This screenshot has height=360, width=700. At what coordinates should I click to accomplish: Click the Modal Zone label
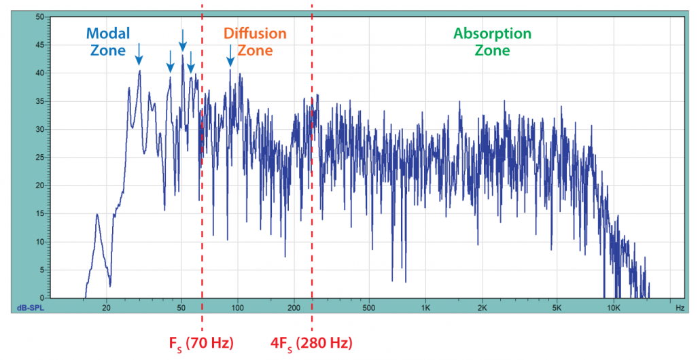pyautogui.click(x=107, y=41)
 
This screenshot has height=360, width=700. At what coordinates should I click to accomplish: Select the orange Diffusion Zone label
pyautogui.click(x=256, y=41)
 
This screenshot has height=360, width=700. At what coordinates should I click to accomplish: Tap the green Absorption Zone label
pyautogui.click(x=492, y=41)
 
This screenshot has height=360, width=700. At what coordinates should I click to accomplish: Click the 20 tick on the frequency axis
pyautogui.click(x=106, y=307)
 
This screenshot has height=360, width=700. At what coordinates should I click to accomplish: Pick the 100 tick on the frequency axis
pyautogui.click(x=237, y=307)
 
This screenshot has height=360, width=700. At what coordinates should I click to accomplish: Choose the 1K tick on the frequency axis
pyautogui.click(x=425, y=307)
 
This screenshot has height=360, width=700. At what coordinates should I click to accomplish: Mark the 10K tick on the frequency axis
pyautogui.click(x=613, y=307)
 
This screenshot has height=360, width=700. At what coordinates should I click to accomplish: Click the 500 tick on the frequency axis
pyautogui.click(x=368, y=307)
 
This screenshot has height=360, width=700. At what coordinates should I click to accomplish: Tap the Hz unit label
pyautogui.click(x=680, y=307)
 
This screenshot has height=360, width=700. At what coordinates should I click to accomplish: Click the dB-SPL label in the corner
pyautogui.click(x=30, y=308)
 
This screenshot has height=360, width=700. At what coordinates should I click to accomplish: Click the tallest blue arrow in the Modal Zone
pyautogui.click(x=182, y=41)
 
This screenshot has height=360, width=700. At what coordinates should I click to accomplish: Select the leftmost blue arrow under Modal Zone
pyautogui.click(x=139, y=52)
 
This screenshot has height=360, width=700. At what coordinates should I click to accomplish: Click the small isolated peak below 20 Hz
pyautogui.click(x=97, y=216)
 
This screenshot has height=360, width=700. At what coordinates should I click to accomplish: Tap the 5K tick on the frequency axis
pyautogui.click(x=557, y=307)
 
